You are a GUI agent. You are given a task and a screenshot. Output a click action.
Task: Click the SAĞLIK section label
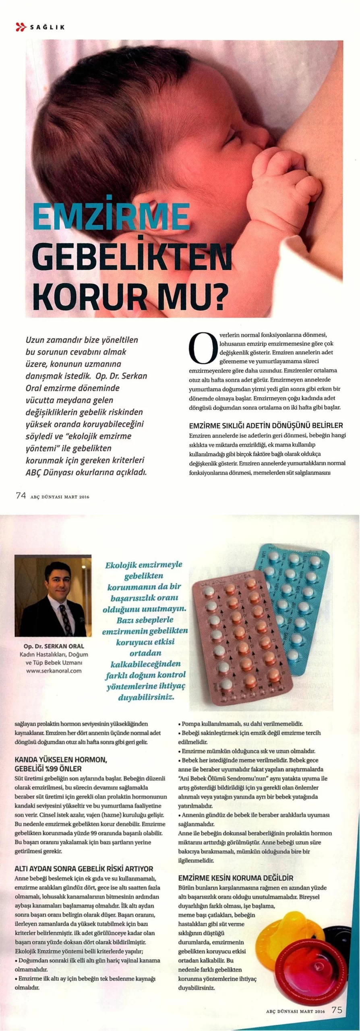(x=47, y=27)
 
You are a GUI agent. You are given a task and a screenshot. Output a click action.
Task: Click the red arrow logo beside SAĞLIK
(x=21, y=27)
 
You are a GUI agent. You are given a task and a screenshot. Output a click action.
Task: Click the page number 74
(x=21, y=496)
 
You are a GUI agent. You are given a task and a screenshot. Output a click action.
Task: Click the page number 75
(x=337, y=1010)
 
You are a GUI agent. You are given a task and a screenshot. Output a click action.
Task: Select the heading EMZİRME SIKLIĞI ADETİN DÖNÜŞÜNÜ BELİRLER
(x=266, y=425)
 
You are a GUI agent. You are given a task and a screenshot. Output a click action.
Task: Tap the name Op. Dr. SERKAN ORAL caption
(x=54, y=646)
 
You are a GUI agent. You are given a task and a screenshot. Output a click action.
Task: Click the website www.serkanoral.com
(x=54, y=671)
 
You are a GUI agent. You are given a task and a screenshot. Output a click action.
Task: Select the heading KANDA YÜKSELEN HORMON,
(x=60, y=760)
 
